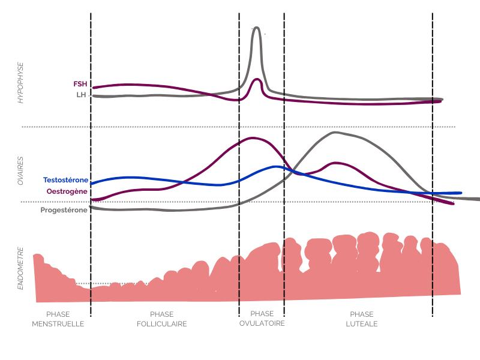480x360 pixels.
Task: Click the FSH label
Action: (x=80, y=84)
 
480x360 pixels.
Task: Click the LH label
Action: (x=82, y=95)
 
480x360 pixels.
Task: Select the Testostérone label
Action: (x=66, y=180)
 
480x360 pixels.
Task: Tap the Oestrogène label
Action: (x=67, y=191)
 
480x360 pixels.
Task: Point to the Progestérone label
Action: (x=64, y=210)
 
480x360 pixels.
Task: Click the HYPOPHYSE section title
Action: (x=20, y=82)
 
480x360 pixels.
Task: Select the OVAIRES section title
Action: (x=20, y=170)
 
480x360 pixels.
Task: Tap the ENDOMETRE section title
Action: (x=20, y=268)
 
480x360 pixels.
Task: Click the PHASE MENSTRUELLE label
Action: (x=58, y=319)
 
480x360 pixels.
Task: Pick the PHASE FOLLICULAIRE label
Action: (x=162, y=319)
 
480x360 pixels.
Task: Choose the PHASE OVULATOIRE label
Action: (x=262, y=318)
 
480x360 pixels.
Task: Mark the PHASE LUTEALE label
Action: (x=361, y=319)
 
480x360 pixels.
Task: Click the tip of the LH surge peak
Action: (x=257, y=28)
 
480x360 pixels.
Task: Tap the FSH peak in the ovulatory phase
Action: (x=257, y=79)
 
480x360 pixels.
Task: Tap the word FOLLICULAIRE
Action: (x=162, y=324)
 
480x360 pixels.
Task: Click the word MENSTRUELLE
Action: (x=58, y=324)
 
